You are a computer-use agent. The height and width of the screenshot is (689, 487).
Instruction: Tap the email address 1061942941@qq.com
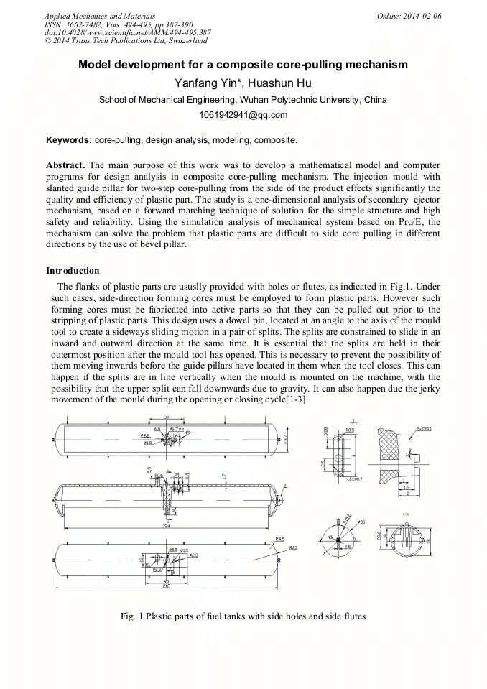coord(243,115)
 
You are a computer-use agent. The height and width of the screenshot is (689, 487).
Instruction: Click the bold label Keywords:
coord(68,139)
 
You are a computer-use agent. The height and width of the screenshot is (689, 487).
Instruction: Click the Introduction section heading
coord(73,271)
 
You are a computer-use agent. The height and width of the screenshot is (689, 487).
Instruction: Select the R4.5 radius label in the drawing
coord(279,539)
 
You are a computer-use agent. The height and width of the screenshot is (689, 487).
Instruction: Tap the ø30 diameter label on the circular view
coord(361,522)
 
